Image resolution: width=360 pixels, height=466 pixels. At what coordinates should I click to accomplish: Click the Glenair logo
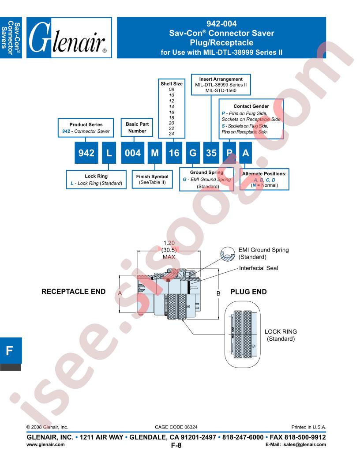69,38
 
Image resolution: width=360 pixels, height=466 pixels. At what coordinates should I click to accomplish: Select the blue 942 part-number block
86,153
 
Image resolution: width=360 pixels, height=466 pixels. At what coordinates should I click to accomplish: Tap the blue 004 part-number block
132,153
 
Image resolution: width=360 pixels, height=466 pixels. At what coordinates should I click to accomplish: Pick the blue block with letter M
155,153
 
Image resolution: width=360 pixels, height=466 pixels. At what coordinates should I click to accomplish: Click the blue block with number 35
211,153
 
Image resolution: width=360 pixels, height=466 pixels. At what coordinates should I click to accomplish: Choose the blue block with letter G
193,153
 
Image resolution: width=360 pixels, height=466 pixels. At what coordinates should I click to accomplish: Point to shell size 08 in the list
171,90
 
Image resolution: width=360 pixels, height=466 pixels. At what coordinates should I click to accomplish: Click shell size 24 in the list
171,133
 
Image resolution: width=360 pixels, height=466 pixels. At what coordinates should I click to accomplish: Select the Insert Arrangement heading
221,79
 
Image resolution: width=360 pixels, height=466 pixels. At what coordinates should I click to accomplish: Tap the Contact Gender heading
251,106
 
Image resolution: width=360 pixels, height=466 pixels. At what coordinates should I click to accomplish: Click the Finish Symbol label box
152,179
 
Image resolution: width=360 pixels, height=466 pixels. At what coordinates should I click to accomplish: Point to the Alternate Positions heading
264,173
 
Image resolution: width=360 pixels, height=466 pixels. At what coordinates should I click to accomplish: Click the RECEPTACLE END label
73,292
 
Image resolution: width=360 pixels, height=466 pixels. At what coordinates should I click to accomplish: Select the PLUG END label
249,292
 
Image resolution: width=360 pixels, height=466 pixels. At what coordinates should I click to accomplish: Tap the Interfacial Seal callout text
259,268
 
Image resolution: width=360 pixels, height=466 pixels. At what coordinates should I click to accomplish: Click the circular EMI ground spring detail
228,254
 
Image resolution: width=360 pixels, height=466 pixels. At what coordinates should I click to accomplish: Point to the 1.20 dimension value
169,243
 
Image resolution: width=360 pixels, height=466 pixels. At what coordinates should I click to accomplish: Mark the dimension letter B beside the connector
218,293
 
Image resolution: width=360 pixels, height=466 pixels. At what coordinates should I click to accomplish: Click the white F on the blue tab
10,351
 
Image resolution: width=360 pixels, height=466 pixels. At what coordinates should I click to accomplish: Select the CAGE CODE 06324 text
176,427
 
